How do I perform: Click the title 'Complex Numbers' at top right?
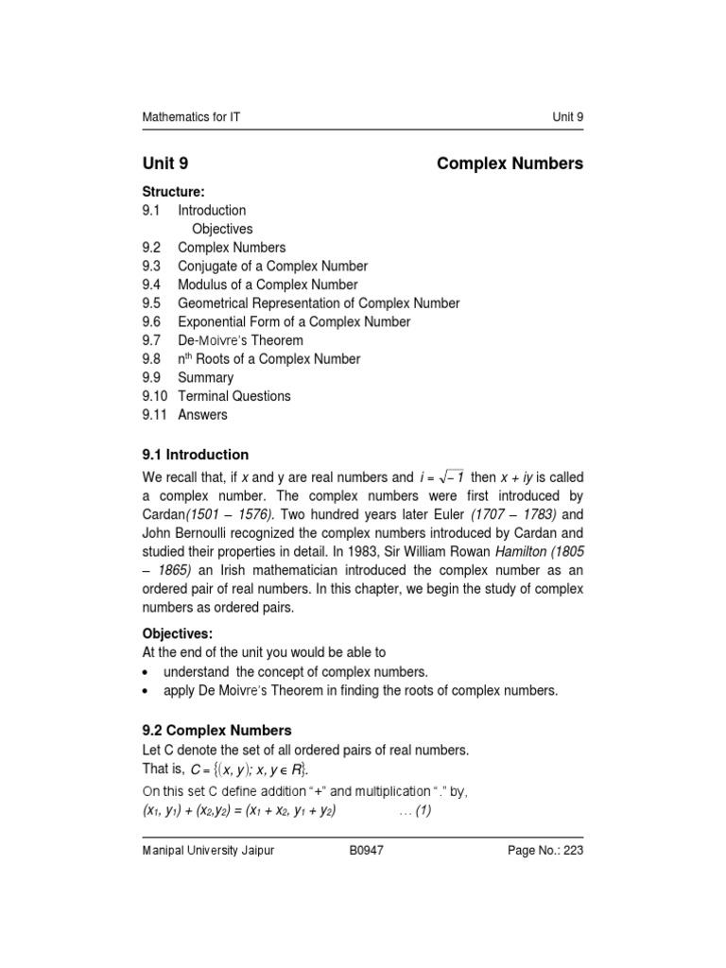coord(510,164)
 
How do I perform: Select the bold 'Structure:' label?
coord(173,192)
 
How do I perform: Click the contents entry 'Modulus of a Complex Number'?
coord(268,285)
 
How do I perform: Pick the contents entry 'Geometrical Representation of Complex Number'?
coord(319,303)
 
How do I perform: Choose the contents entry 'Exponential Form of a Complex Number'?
coord(294,322)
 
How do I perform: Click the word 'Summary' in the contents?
coord(205,377)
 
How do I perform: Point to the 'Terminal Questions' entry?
coord(234,396)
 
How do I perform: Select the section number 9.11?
coord(155,414)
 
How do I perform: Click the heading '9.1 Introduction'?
coord(195,455)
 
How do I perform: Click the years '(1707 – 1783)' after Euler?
coord(516,516)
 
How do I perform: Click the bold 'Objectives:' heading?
coord(178,634)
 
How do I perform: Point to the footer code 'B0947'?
coord(365,852)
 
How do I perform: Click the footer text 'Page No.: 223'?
coord(545,852)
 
